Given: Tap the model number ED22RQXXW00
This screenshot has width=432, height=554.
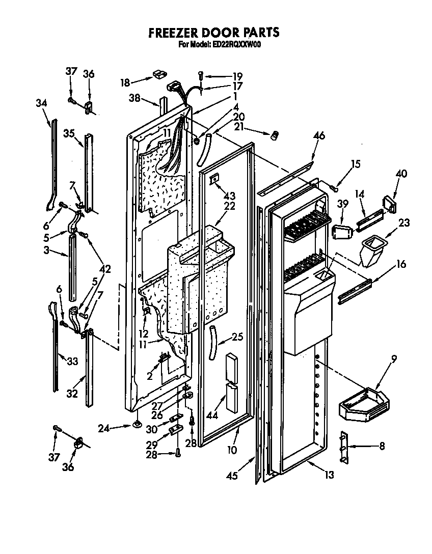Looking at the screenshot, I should click(x=234, y=44).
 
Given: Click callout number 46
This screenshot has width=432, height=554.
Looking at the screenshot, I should click(x=318, y=136).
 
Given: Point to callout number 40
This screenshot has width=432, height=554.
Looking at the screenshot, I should click(x=401, y=174).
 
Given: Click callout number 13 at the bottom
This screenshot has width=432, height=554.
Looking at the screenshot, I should click(x=330, y=475).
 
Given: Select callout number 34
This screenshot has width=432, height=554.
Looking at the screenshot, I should click(x=42, y=103).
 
